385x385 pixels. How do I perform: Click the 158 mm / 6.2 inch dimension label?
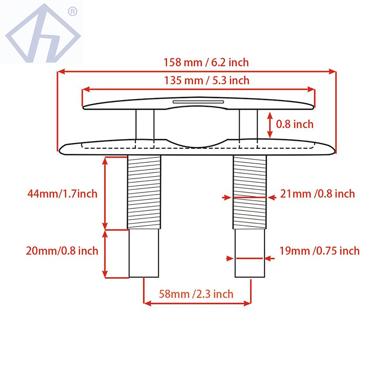click(206, 63)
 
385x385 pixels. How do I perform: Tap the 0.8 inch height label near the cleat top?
click(295, 124)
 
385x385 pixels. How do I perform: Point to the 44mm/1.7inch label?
click(62, 194)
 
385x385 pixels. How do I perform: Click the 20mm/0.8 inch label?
click(62, 251)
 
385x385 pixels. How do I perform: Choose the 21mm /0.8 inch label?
click(317, 194)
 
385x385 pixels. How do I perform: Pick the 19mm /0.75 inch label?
click(320, 251)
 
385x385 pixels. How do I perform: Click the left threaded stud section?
click(144, 192)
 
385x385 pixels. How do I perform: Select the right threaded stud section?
click(250, 192)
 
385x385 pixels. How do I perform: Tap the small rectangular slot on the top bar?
click(198, 102)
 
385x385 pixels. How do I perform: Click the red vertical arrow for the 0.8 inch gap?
click(271, 124)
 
